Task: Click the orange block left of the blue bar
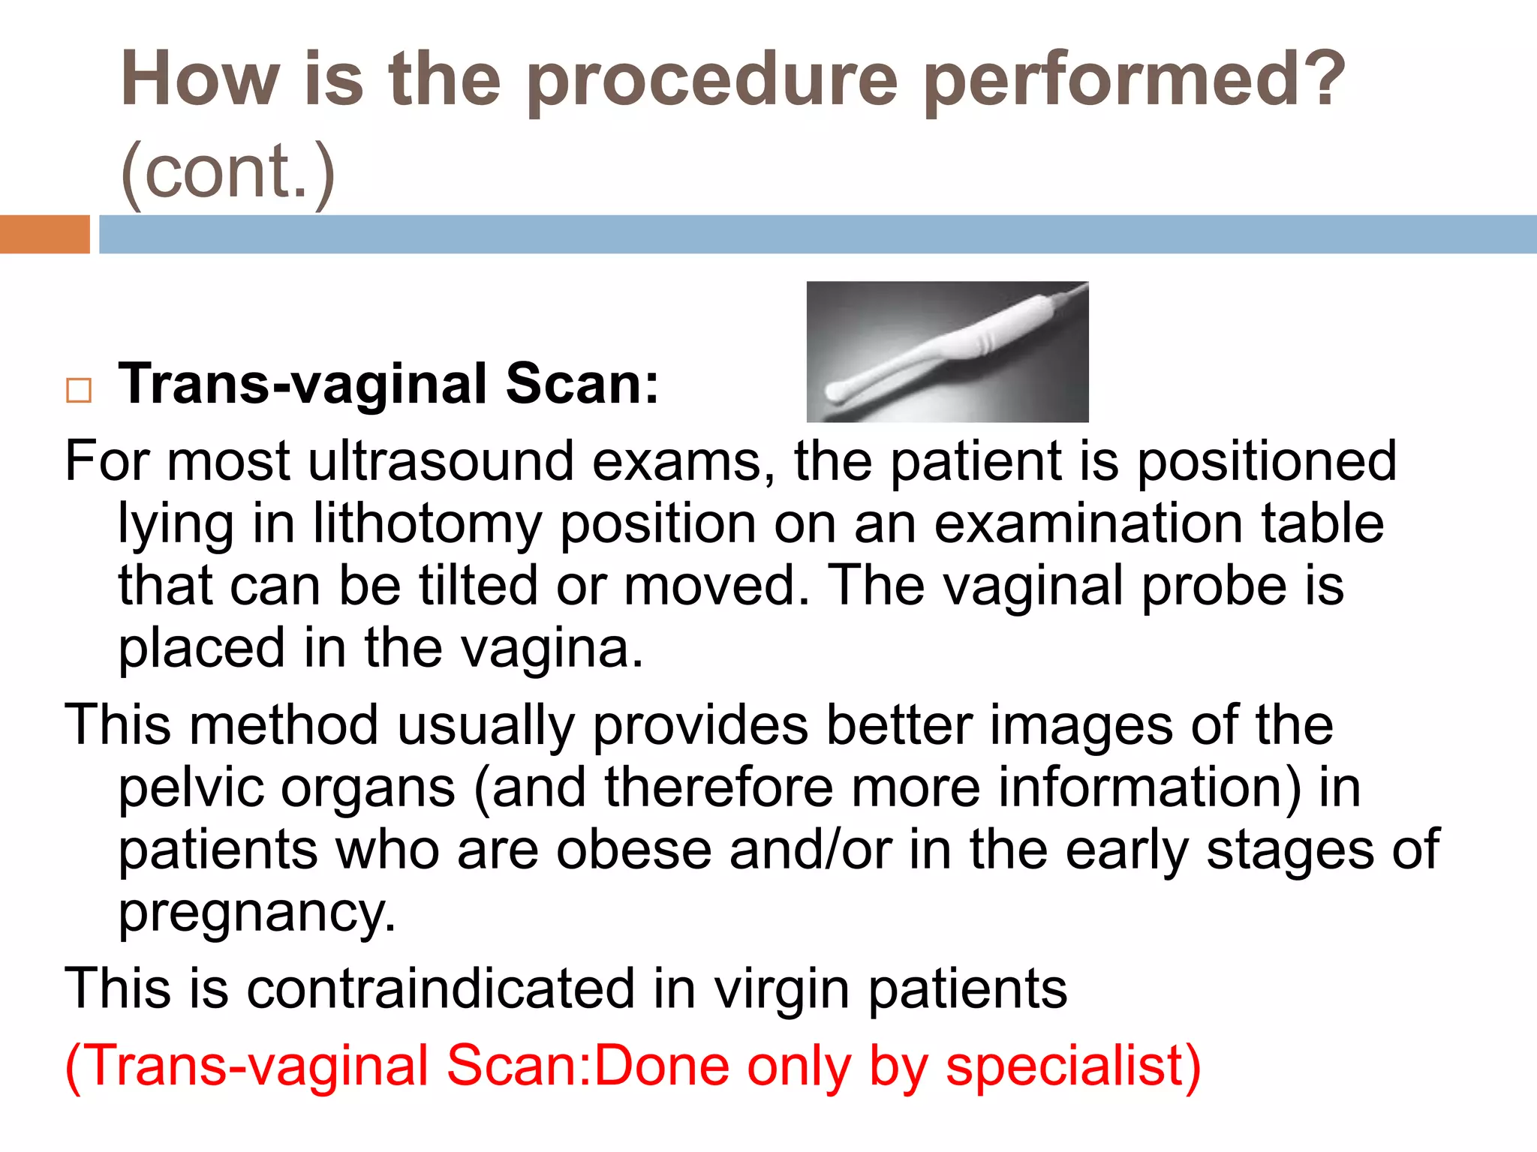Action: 44,234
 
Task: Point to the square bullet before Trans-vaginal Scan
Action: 79,391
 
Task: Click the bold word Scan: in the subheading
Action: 582,384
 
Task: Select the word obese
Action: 634,850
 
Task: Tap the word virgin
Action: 781,989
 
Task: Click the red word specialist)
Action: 1073,1066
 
